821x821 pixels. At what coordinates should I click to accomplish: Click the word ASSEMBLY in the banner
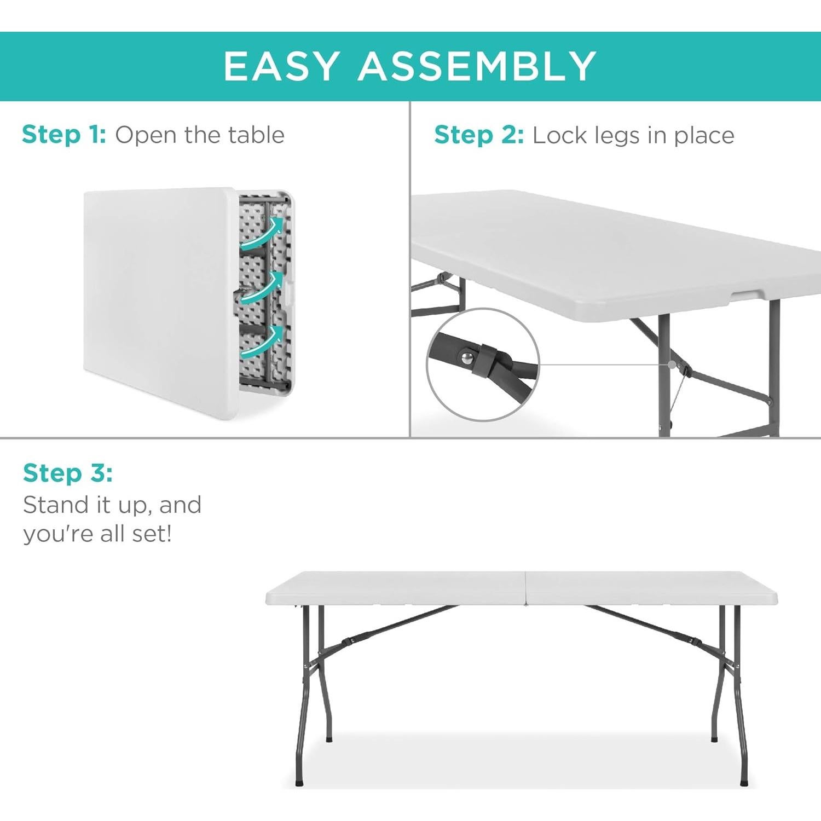pos(477,66)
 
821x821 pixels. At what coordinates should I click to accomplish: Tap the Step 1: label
pos(64,135)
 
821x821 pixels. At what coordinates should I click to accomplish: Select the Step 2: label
pos(479,135)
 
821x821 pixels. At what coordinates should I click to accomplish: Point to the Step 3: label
pos(68,473)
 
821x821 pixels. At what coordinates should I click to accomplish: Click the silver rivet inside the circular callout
pos(467,357)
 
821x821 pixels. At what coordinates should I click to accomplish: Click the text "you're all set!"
pos(97,534)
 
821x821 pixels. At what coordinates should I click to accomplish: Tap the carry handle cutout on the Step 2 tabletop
pos(748,296)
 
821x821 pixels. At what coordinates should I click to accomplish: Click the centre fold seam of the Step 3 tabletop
pos(525,588)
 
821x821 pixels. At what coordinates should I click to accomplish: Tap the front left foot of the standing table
pos(299,783)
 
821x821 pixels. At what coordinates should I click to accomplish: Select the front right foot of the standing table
pos(743,783)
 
